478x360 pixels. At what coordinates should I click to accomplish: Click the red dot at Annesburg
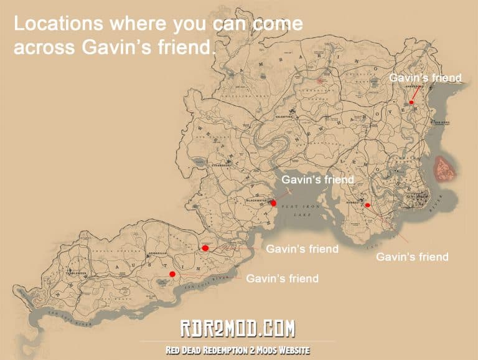411,102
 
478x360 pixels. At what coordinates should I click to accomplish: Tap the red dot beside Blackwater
274,203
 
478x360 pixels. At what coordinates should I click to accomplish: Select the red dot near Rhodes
367,205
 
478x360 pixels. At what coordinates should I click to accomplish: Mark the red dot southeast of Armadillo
172,274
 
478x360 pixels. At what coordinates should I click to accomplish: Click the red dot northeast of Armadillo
205,249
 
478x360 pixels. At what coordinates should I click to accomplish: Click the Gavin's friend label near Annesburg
425,78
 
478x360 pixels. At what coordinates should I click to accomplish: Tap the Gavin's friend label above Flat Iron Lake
317,179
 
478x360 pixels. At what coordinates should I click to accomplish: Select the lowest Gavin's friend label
282,278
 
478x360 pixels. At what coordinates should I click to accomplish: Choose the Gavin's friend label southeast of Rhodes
412,257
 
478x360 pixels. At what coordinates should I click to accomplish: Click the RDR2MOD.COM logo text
239,328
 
